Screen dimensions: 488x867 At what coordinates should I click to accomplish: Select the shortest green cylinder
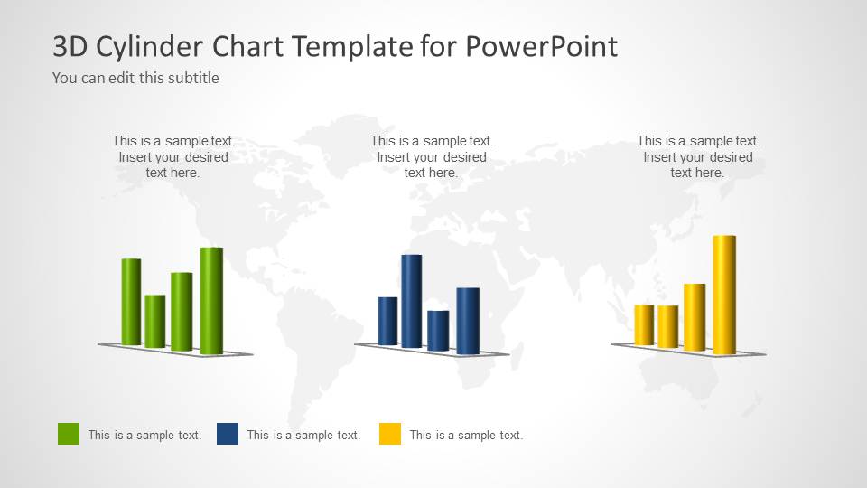coord(155,322)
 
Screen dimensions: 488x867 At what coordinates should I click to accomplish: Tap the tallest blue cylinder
coord(412,301)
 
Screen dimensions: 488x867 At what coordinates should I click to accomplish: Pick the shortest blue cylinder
coord(438,331)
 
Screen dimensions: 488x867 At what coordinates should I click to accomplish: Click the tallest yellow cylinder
coord(724,295)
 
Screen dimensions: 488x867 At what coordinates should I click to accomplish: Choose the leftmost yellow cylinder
coord(644,324)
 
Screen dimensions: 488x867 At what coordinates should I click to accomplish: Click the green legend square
coord(69,434)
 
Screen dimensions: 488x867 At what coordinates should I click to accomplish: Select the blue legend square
coord(228,434)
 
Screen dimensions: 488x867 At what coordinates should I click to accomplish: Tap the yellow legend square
coord(390,434)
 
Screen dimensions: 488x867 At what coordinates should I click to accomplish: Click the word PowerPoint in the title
coord(542,46)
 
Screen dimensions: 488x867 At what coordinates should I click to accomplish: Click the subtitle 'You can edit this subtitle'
coord(135,78)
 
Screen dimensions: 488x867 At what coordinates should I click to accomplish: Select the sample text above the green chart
coord(173,156)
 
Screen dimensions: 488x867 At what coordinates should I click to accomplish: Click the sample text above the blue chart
coord(432,156)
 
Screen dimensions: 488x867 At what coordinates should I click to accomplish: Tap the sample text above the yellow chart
coord(698,156)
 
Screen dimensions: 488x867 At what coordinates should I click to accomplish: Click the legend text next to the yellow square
coord(466,435)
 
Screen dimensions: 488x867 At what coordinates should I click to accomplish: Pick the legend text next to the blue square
coord(303,435)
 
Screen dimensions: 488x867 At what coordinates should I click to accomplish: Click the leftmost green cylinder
coord(131,302)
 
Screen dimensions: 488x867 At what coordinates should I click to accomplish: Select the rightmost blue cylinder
coord(468,321)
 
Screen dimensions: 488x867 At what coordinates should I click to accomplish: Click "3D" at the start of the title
coord(70,46)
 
